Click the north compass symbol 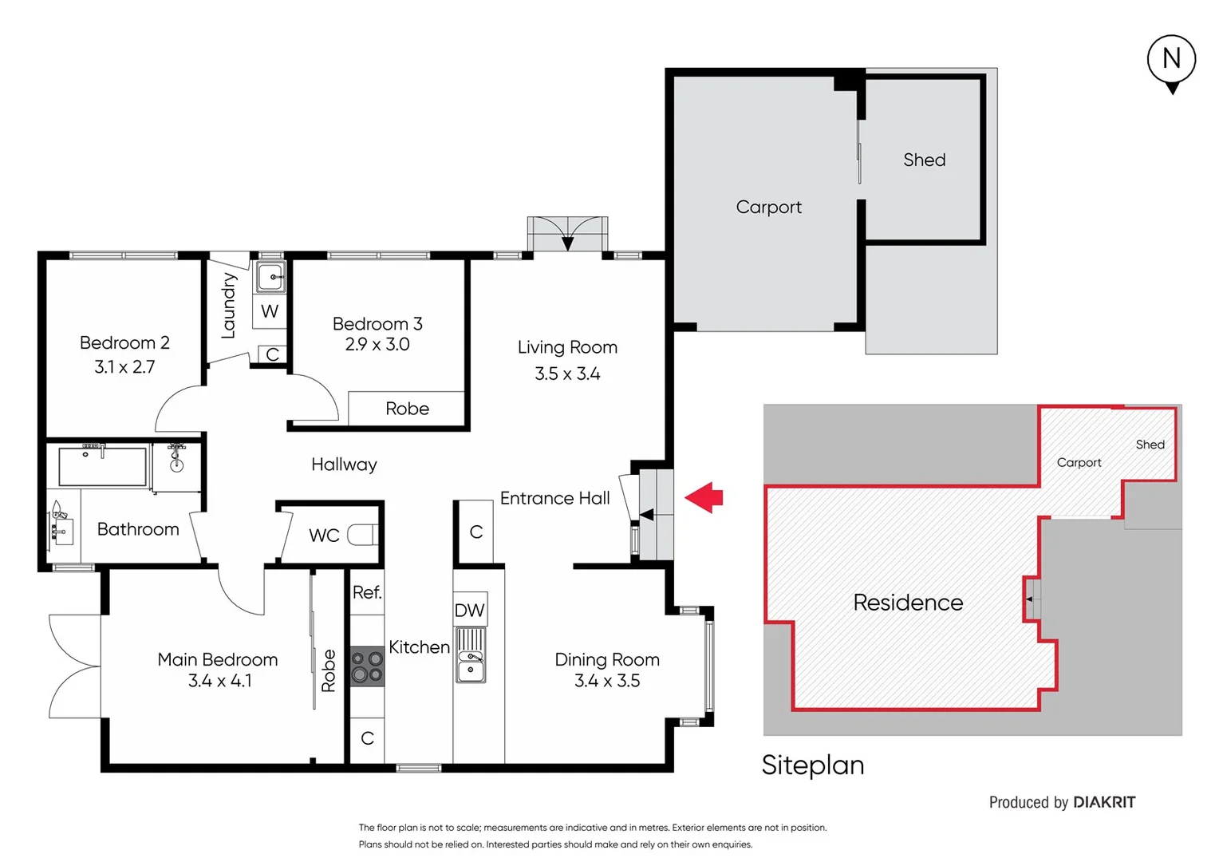coord(1171,61)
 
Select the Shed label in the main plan coord(924,160)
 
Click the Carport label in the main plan coord(768,207)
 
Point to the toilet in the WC coord(362,534)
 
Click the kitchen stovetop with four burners coord(367,666)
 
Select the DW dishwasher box coord(469,611)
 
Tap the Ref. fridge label coord(367,592)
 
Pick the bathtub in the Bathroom coord(102,466)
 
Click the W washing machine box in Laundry coord(270,311)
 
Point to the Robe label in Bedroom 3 coord(407,409)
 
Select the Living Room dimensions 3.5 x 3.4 coord(567,374)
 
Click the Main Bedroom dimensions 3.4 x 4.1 coord(219,681)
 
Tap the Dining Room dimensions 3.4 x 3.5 coord(607,681)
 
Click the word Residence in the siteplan coord(908,603)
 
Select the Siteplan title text coord(812,765)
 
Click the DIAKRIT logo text coord(1104,802)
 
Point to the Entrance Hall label coord(554,498)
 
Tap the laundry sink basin coord(271,278)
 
